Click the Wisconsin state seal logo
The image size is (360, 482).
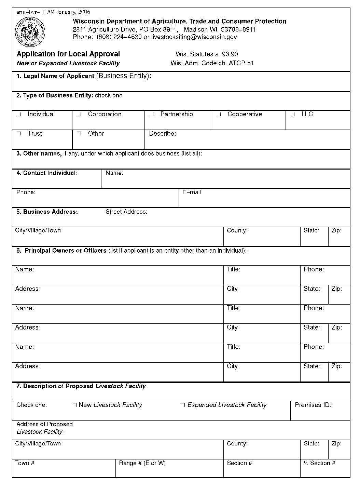[x=30, y=33]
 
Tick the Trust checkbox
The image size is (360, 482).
[x=19, y=134]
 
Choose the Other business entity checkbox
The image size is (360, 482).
[x=79, y=134]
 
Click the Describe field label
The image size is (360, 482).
[x=162, y=134]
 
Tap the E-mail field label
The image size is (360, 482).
[x=193, y=192]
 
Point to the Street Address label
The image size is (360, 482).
[x=126, y=212]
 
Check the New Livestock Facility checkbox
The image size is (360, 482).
[x=75, y=405]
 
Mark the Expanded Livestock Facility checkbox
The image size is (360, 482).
[x=183, y=405]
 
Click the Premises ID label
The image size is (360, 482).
[x=313, y=405]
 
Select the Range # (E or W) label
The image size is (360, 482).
[x=142, y=463]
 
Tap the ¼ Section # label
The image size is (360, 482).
[x=319, y=463]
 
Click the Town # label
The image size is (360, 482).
[x=25, y=463]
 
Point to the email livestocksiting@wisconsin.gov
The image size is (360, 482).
[x=194, y=37]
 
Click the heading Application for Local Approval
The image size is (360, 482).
[x=68, y=54]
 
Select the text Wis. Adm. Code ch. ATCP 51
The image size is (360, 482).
[x=212, y=63]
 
